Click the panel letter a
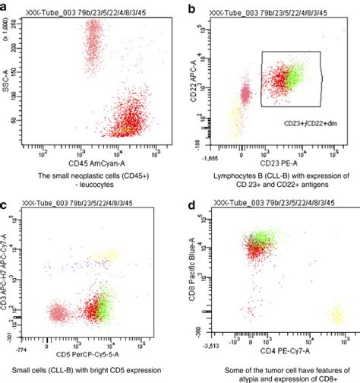[x=5, y=8]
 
